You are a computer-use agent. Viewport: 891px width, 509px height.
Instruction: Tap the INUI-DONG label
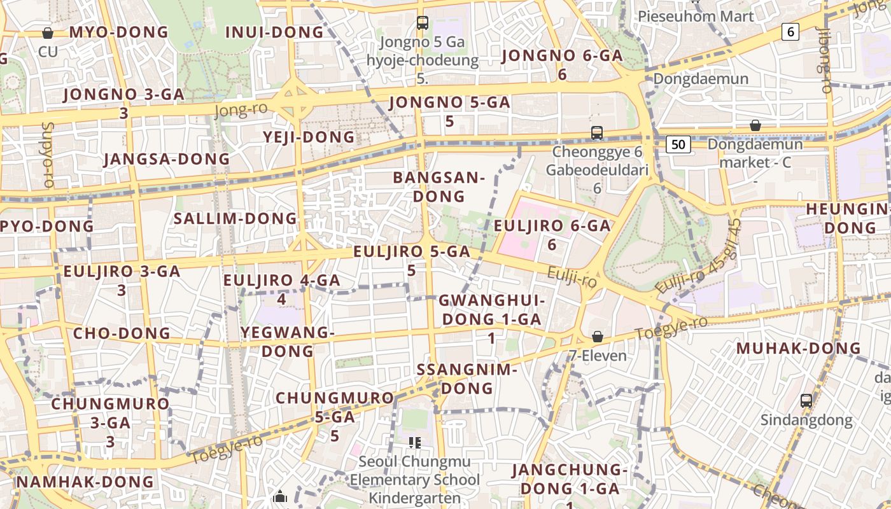(274, 32)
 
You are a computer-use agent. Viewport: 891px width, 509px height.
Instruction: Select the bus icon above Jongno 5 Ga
(422, 23)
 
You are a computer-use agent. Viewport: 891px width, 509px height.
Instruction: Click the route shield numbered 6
(790, 32)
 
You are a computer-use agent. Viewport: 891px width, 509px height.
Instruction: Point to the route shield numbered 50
(678, 144)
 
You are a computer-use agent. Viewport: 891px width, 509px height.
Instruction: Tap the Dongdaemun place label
(701, 80)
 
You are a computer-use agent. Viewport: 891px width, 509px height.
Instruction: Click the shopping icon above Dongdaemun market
(755, 125)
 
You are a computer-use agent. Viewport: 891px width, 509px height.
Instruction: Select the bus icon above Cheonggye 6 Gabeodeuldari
(596, 133)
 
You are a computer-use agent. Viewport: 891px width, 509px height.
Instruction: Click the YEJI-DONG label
(309, 137)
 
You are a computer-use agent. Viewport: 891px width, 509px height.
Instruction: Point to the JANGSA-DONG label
(167, 159)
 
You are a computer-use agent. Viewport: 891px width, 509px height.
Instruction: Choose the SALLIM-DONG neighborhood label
(235, 218)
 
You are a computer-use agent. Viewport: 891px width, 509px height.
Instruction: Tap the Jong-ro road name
(241, 109)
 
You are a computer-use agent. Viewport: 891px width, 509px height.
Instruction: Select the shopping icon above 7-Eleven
(597, 337)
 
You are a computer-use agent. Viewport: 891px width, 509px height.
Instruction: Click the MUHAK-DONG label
(798, 348)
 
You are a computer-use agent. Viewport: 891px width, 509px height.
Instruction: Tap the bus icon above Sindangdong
(806, 401)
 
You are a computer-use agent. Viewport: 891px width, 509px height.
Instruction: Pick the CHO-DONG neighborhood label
(122, 333)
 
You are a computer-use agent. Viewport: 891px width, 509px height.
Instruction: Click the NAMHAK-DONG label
(85, 482)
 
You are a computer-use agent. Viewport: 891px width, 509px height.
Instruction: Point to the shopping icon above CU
(47, 33)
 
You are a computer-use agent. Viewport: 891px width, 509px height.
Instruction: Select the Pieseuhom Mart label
(696, 16)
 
